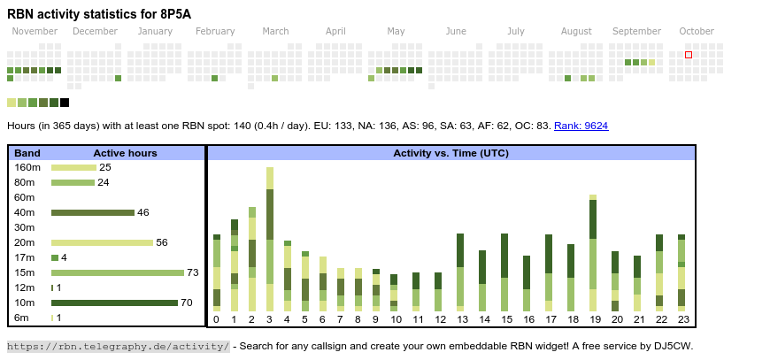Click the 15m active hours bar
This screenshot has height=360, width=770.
(x=118, y=272)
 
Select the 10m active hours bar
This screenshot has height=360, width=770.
(x=114, y=303)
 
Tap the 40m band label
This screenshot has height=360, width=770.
(x=24, y=212)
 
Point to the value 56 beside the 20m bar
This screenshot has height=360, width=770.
(x=161, y=242)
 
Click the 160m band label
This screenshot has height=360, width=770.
(x=27, y=167)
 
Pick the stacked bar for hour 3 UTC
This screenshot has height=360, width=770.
(x=270, y=239)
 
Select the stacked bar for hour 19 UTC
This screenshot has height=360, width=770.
(x=593, y=252)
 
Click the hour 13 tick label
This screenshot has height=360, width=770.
(x=461, y=319)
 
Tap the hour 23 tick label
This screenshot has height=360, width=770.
(x=681, y=319)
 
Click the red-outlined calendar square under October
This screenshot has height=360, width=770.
(x=689, y=55)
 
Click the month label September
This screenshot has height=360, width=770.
(x=636, y=32)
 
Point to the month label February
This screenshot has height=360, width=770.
(x=215, y=32)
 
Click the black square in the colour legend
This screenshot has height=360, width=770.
(x=65, y=103)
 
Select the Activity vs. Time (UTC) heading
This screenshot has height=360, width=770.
(x=450, y=153)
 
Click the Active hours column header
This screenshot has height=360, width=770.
(x=125, y=153)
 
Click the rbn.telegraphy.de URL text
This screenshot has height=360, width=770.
(x=119, y=346)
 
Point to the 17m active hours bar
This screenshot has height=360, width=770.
(x=55, y=257)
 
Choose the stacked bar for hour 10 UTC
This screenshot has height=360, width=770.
(x=394, y=292)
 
